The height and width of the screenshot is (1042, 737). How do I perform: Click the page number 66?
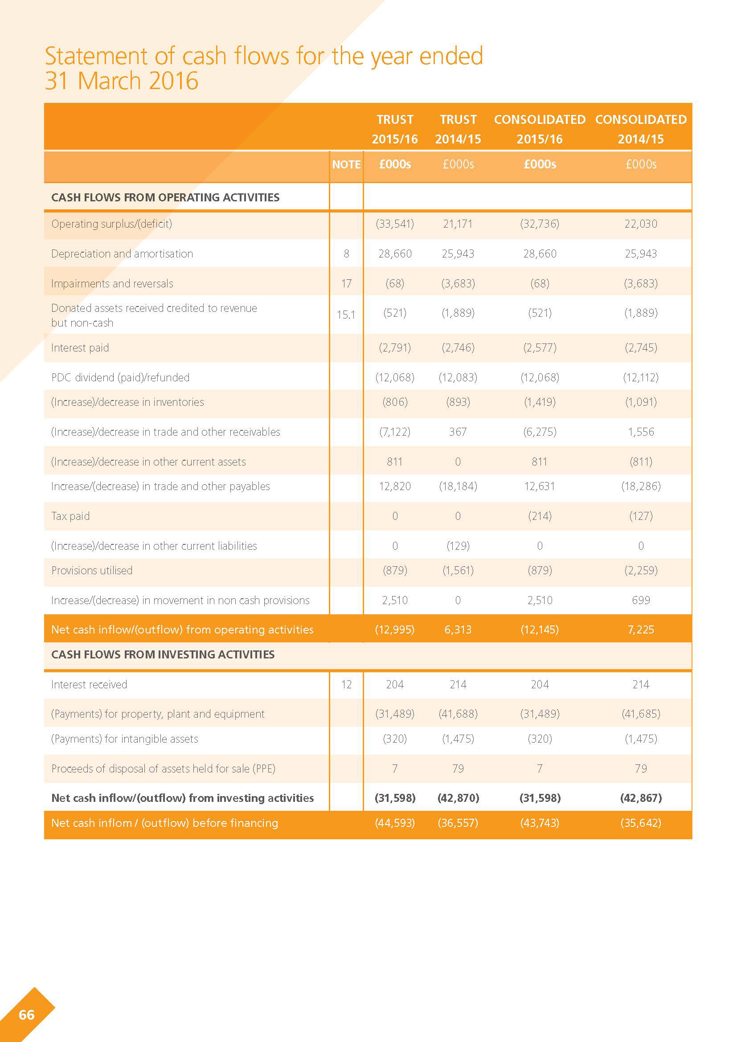coord(27,1015)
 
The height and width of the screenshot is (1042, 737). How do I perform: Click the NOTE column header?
coord(346,164)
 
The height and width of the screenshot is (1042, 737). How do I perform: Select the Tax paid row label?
coord(70,516)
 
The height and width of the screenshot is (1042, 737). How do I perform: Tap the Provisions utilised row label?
coord(92,571)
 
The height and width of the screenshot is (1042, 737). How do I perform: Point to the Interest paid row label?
coord(80,347)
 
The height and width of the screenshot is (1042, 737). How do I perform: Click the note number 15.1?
coord(346,315)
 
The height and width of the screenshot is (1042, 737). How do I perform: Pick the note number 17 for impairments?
coord(346,284)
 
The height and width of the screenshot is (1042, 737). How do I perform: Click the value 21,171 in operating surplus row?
coord(458,224)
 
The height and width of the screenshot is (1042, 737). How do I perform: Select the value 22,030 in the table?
coord(640,224)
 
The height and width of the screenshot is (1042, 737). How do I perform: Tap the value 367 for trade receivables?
coord(458,432)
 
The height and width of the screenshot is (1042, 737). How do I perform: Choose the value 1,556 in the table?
coord(641,432)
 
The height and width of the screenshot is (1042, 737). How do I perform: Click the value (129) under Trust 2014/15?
coord(458,546)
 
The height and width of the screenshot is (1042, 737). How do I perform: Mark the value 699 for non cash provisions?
coord(641,600)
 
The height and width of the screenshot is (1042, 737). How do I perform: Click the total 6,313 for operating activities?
coord(458,629)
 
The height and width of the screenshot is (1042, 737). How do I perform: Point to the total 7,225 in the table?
coord(641,629)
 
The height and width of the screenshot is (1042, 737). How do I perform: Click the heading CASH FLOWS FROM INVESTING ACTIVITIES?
coord(163,654)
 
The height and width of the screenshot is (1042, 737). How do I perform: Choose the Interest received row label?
coord(89,684)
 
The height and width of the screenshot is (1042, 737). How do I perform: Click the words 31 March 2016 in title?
coord(122,81)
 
